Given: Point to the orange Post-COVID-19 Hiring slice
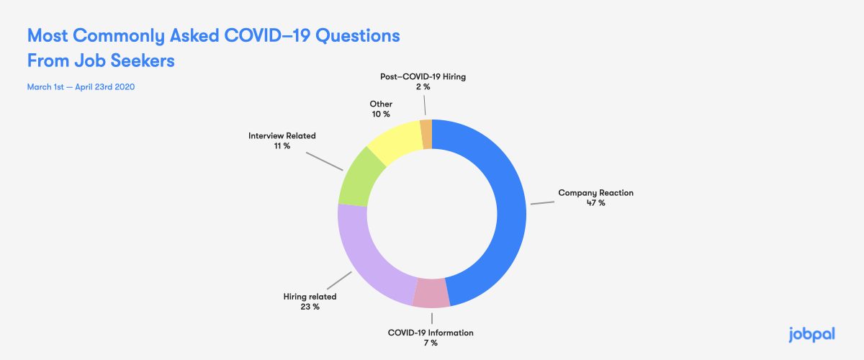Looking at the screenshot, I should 426,134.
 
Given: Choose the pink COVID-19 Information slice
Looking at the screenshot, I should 432,292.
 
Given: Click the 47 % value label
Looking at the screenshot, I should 595,204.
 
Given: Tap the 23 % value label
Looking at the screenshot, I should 310,307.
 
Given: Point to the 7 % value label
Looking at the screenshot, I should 430,343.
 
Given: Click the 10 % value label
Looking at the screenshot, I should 381,114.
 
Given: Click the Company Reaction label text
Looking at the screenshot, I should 595,193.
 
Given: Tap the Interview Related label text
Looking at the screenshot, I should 282,135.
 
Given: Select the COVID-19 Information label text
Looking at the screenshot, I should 431,333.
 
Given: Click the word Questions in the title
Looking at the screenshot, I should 354,35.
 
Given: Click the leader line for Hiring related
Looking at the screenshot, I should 338,281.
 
